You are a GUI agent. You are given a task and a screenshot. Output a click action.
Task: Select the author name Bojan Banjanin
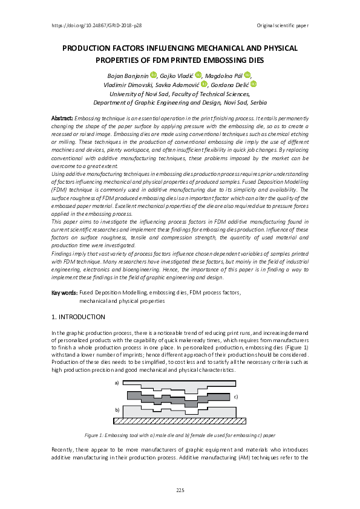pyautogui.click(x=129, y=75)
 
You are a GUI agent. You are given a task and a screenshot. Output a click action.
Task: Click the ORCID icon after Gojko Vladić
pyautogui.click(x=197, y=75)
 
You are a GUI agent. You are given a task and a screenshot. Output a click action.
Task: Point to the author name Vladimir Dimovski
pyautogui.click(x=129, y=85)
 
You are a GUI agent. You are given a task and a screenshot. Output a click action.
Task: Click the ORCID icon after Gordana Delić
pyautogui.click(x=254, y=85)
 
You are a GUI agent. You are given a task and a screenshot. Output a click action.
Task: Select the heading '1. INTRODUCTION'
pyautogui.click(x=79, y=317)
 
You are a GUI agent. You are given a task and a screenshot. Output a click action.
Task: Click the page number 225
pyautogui.click(x=180, y=489)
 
